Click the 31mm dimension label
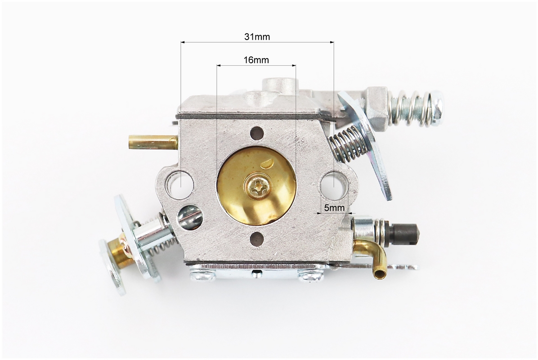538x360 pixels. click(257, 37)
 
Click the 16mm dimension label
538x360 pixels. click(256, 60)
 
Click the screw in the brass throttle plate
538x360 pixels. click(258, 187)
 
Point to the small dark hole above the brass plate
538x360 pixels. click(257, 134)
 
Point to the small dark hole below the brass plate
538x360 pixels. click(257, 239)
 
